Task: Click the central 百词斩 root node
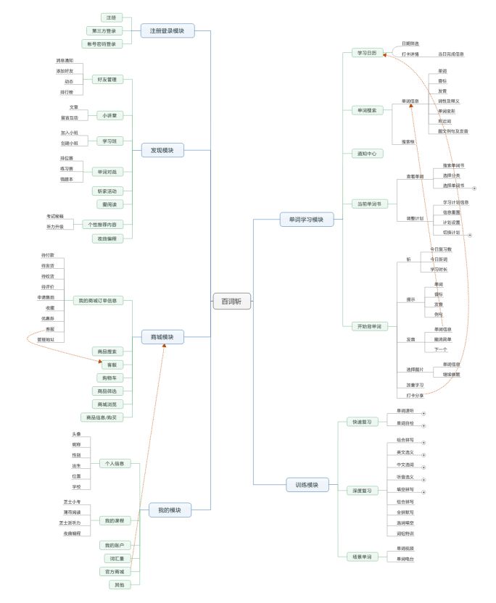pos(232,301)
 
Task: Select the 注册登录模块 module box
pos(167,31)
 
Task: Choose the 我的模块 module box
pos(169,510)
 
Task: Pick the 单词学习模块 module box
pos(307,219)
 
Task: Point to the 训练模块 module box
pos(307,484)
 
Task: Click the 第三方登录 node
pos(104,30)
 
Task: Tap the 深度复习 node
pos(362,491)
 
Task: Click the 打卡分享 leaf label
pos(416,395)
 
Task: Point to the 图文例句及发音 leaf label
pos(453,131)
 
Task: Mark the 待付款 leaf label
pos(48,256)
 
